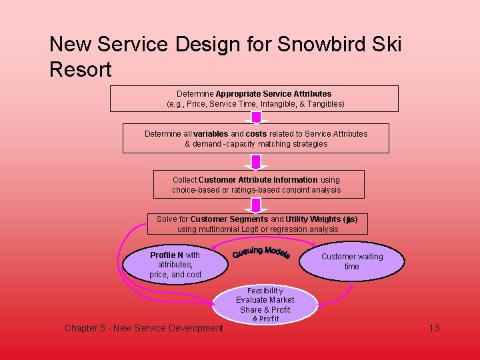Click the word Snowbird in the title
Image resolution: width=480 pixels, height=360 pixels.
click(321, 45)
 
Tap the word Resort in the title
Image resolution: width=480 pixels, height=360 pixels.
click(80, 69)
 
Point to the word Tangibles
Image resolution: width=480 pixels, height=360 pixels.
click(323, 104)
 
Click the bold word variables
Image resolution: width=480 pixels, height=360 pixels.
click(211, 133)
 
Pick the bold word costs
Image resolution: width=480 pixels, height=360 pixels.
click(257, 133)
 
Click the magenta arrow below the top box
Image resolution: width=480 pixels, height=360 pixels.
click(256, 118)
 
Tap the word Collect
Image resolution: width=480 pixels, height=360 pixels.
click(185, 179)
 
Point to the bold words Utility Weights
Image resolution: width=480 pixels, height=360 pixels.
click(313, 219)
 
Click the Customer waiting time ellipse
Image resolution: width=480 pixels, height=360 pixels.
click(351, 261)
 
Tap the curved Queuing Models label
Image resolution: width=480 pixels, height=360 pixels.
click(261, 253)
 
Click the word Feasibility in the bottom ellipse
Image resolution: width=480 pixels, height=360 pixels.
click(265, 291)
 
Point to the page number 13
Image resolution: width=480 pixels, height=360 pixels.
click(434, 328)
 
